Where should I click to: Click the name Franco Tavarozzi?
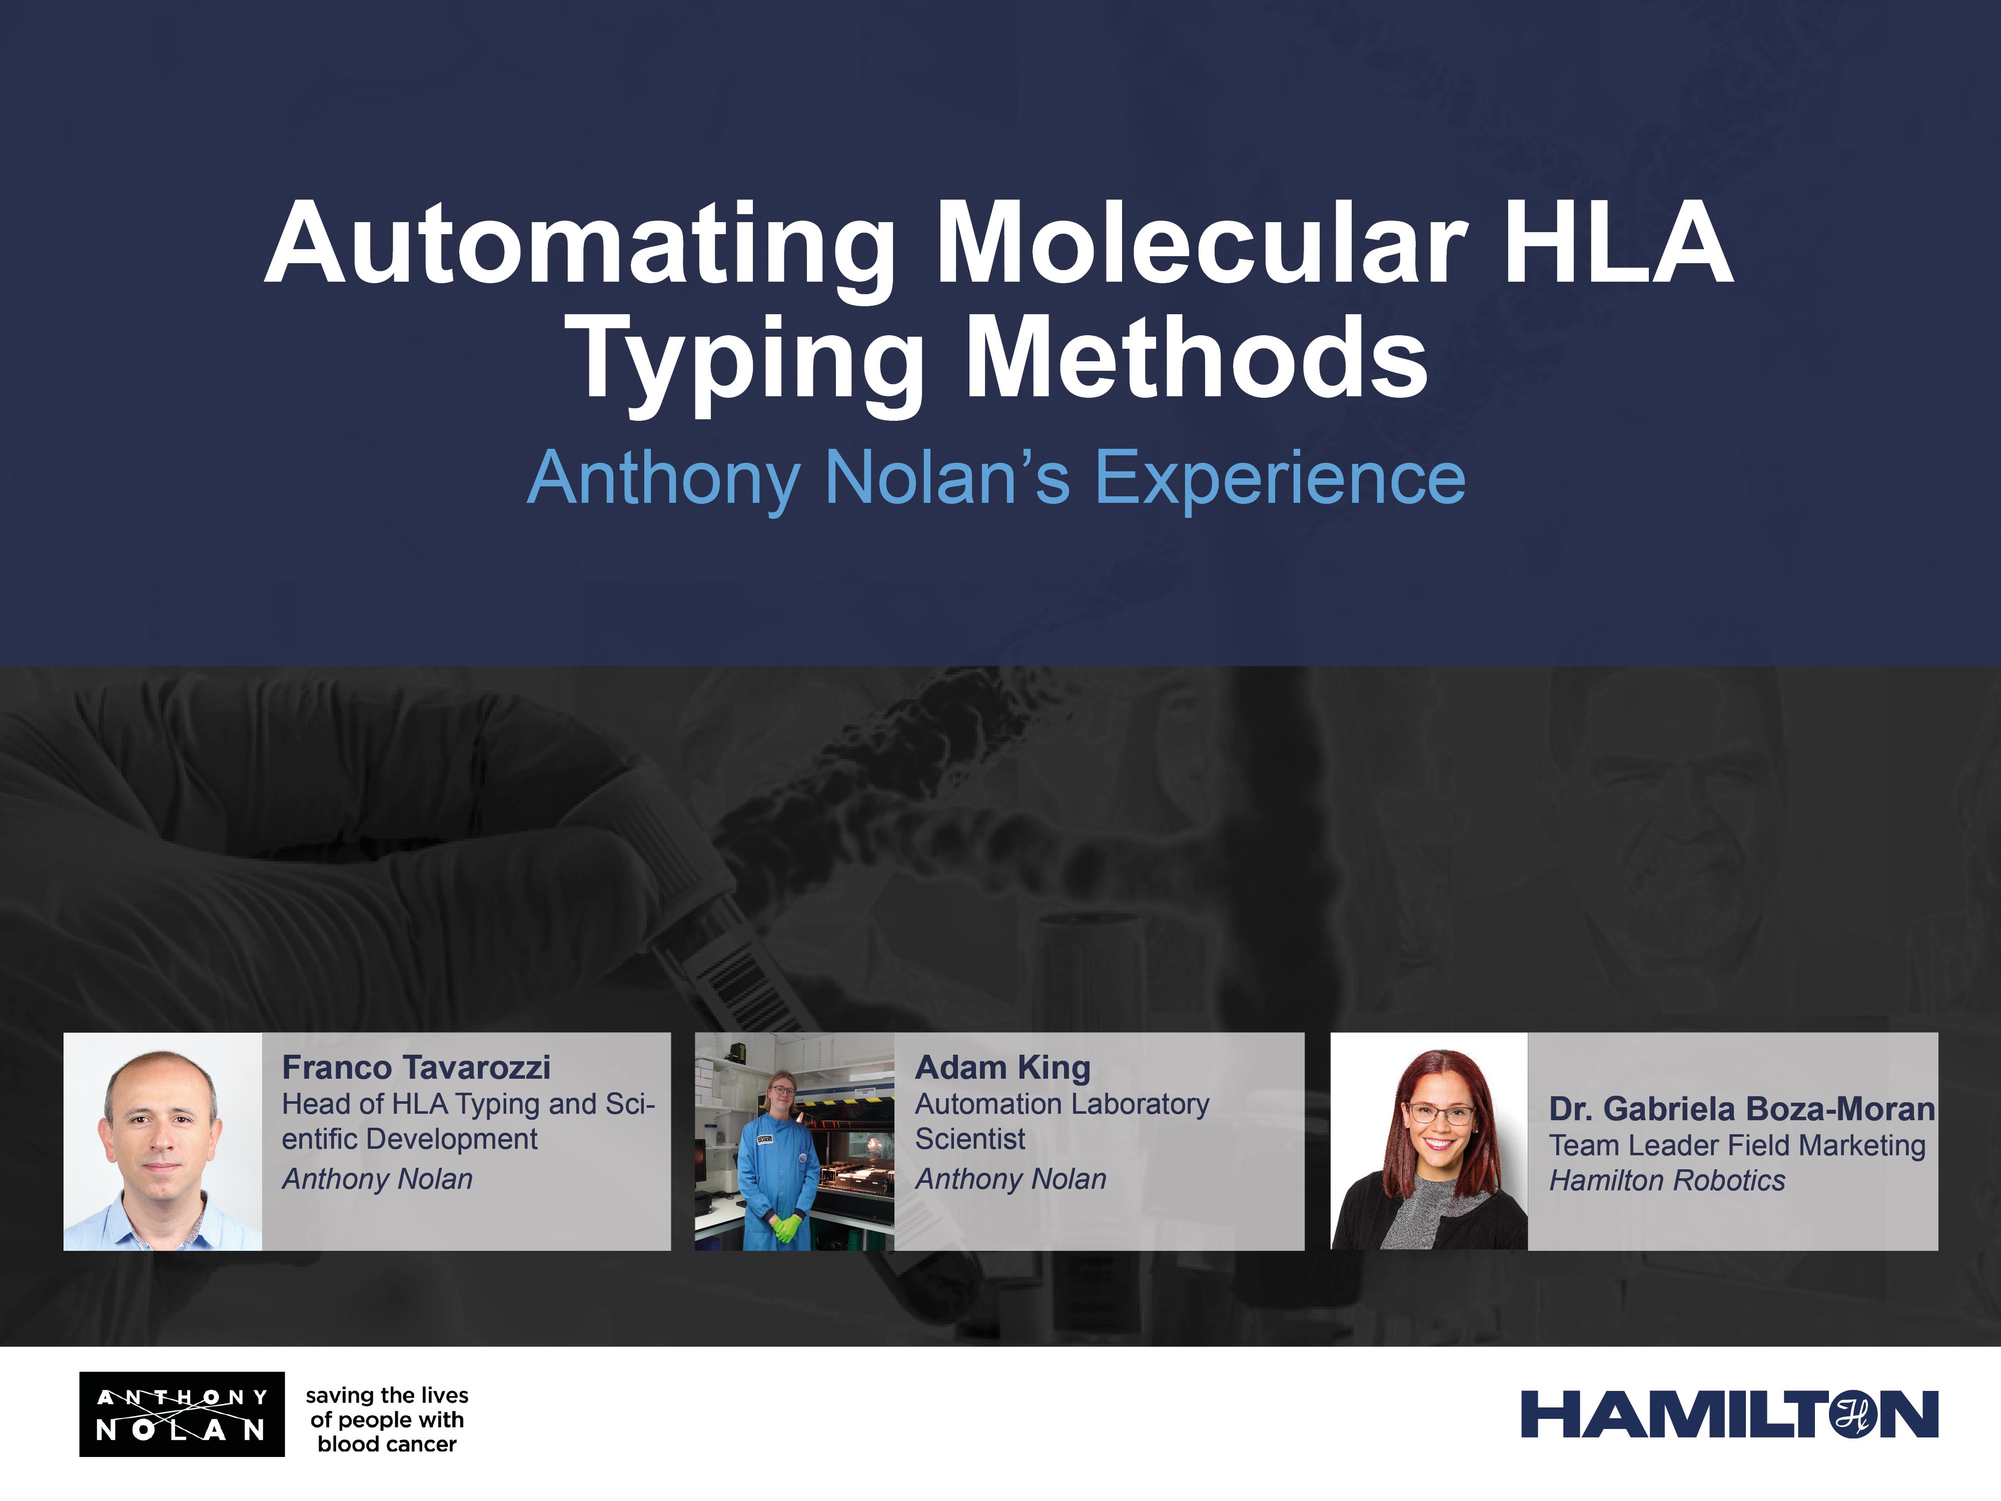pos(416,1068)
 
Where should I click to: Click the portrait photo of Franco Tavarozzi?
pos(163,1142)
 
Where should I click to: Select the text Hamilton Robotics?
pos(1667,1181)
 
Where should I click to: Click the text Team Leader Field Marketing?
pos(1737,1145)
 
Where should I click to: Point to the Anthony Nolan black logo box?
pos(182,1414)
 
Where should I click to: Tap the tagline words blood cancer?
pos(387,1444)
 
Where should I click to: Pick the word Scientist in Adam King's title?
pos(970,1139)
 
